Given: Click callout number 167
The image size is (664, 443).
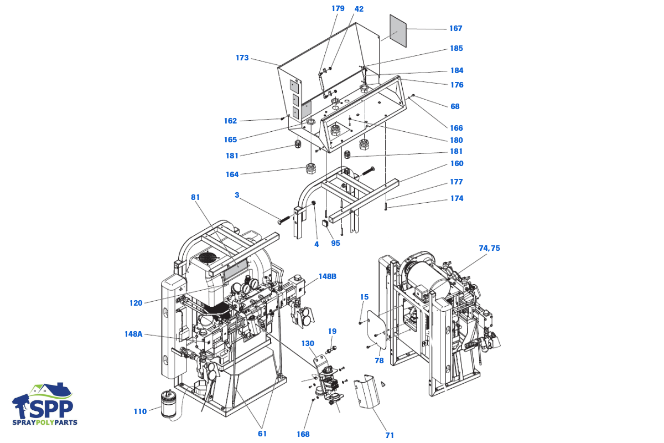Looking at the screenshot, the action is click(x=455, y=28).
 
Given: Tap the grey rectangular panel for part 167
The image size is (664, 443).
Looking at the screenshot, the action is click(x=398, y=31).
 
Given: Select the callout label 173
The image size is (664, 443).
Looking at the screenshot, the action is click(x=242, y=58).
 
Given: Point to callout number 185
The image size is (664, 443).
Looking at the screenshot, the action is click(x=456, y=48).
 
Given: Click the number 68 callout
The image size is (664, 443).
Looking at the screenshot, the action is click(x=455, y=106).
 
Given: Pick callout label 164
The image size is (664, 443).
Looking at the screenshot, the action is click(x=232, y=174).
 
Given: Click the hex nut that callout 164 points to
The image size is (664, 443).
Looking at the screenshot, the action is click(x=310, y=168).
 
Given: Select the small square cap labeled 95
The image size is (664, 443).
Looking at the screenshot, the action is click(x=325, y=223).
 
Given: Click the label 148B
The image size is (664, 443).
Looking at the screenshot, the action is click(x=328, y=276).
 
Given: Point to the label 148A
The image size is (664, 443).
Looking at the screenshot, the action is click(x=133, y=334).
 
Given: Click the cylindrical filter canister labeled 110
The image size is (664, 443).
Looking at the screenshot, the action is click(x=168, y=404).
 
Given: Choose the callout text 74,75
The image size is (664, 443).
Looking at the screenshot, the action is click(x=489, y=248).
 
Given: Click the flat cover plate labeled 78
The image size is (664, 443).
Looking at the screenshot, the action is click(x=377, y=329).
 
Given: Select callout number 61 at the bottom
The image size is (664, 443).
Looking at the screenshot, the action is click(x=262, y=434).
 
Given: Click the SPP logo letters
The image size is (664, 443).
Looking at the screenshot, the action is click(x=51, y=409).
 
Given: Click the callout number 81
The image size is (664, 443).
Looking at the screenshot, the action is click(x=195, y=197).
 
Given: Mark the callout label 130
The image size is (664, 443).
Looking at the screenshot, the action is click(x=308, y=343).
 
